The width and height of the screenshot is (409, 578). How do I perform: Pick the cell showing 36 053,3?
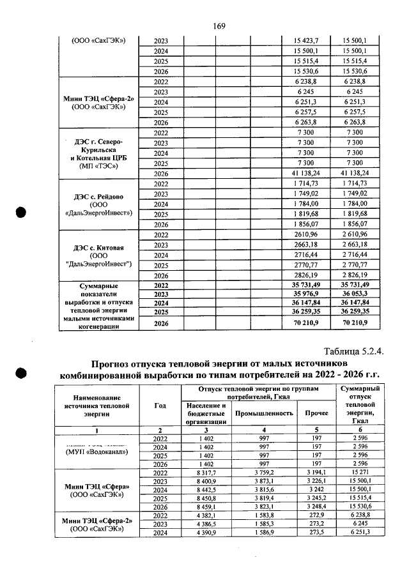(362, 294)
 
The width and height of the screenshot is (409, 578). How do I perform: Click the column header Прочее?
(316, 413)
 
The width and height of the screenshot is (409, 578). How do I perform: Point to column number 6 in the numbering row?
(361, 430)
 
